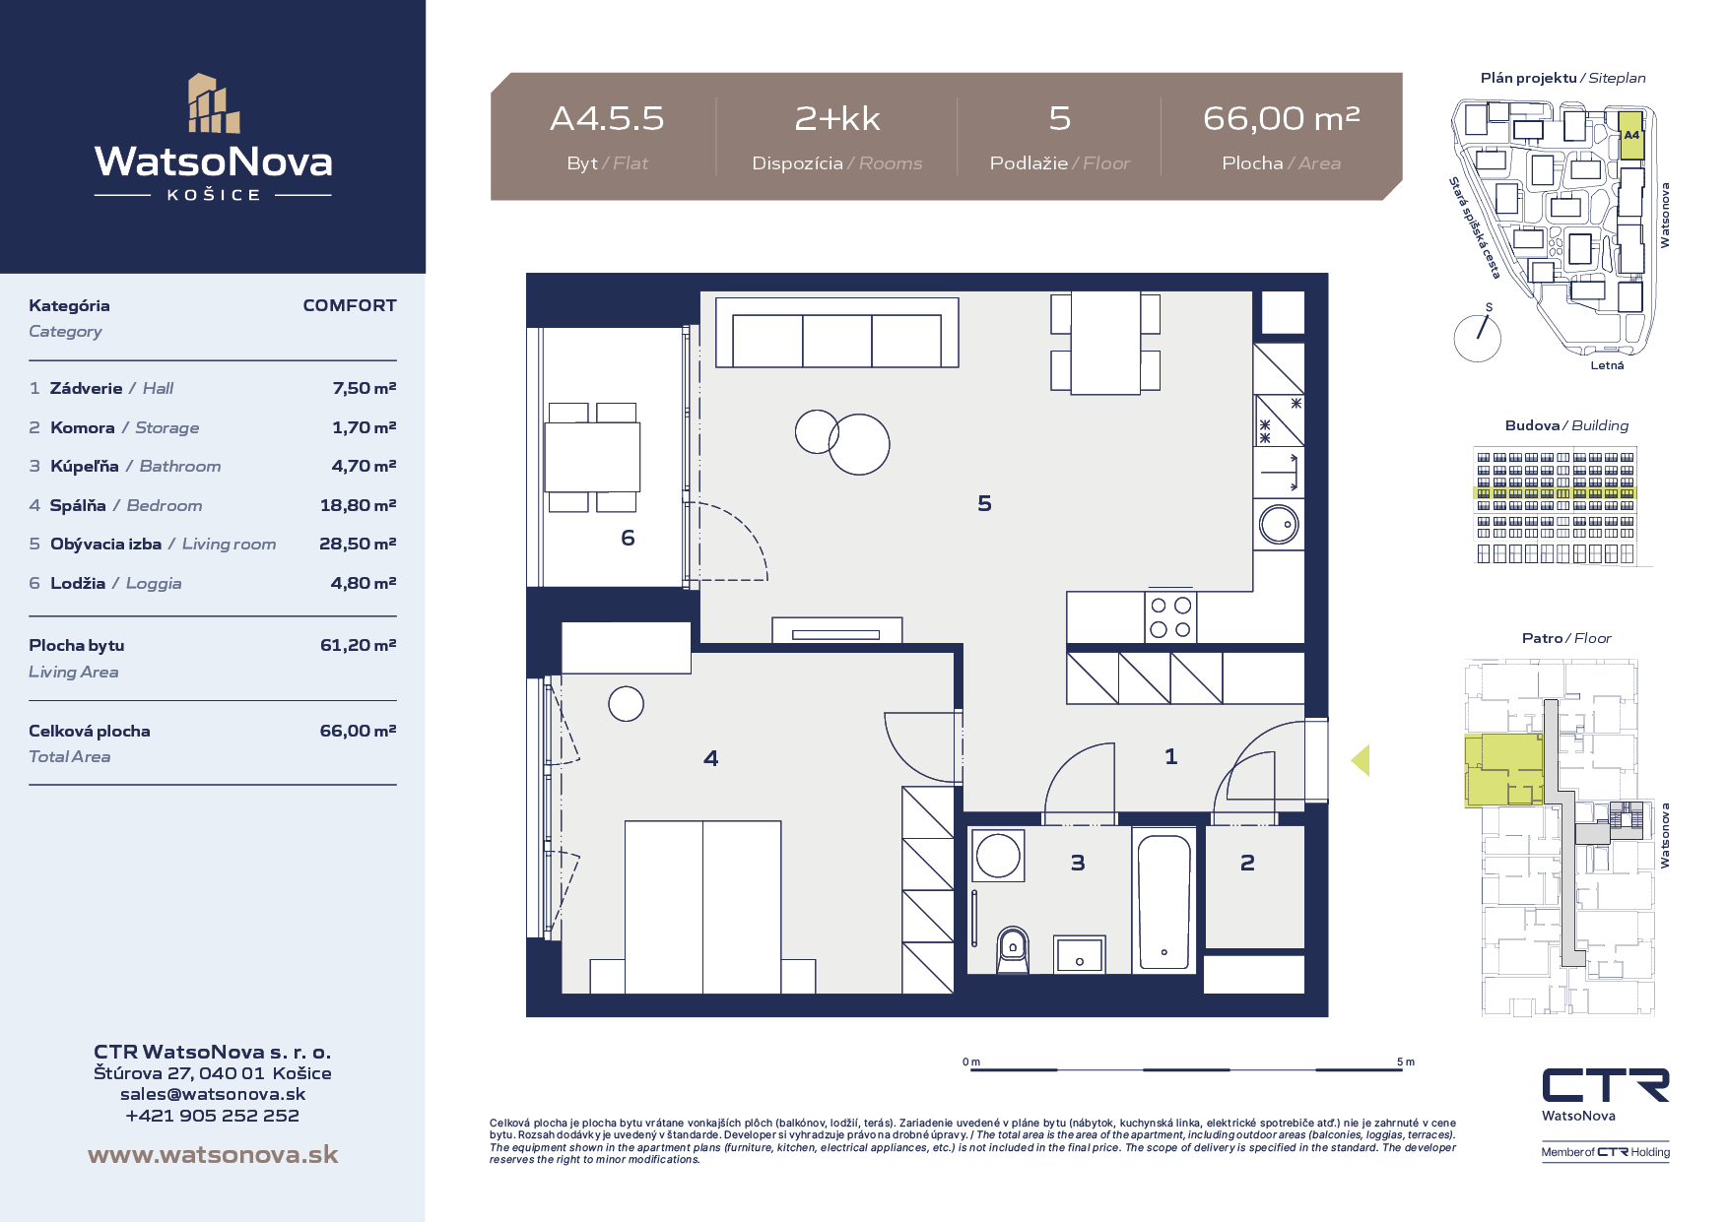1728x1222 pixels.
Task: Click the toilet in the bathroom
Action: coord(1012,950)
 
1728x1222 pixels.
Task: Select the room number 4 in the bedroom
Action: coord(711,758)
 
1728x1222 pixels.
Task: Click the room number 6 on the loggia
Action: coord(628,538)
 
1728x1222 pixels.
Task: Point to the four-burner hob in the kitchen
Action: coord(1170,616)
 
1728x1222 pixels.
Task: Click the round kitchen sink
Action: coord(1279,525)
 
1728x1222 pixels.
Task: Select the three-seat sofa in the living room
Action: coord(837,333)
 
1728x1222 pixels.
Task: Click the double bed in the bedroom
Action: coord(702,907)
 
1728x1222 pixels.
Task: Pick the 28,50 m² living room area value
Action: coord(358,544)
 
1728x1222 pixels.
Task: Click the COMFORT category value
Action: coord(350,305)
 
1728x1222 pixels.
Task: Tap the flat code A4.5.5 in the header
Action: coord(607,118)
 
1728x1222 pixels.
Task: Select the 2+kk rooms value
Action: coord(837,118)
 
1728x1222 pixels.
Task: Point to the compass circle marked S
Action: coord(1477,338)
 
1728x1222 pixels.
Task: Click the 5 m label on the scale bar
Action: coord(1405,1061)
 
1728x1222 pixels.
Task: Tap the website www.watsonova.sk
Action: coord(213,1154)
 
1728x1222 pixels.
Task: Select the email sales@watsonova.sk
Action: coord(213,1094)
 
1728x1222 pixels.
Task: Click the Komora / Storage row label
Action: coord(124,427)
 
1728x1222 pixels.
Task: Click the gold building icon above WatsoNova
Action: coord(214,103)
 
